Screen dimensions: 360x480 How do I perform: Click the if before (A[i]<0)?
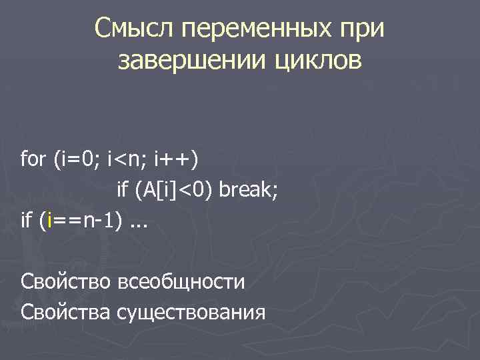coord(123,191)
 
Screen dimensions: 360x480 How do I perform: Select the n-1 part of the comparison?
coord(101,221)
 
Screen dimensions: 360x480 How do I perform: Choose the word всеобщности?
coord(181,281)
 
